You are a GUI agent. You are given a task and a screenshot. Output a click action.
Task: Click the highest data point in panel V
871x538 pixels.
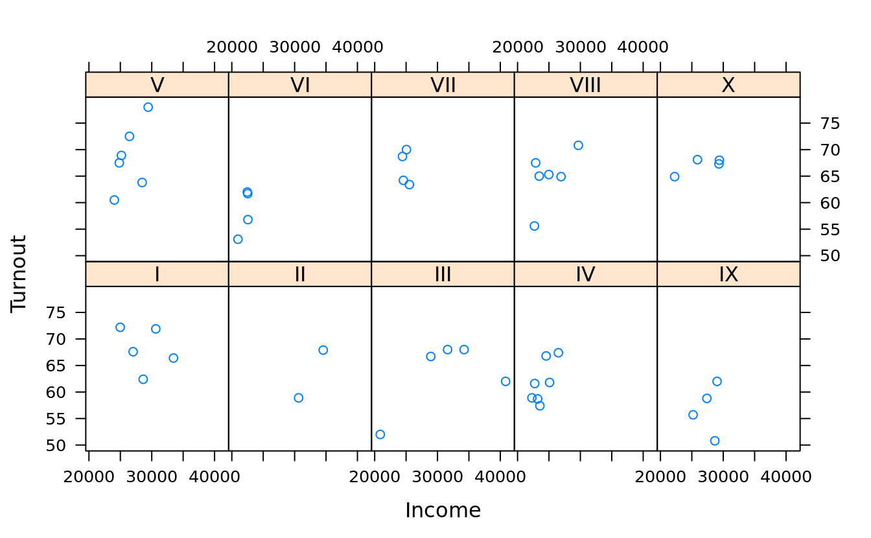[x=148, y=107]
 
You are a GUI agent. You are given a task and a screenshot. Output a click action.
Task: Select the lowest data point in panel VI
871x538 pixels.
[x=238, y=239]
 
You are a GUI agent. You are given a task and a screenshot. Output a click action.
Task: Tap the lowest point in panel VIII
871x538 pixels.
[x=534, y=226]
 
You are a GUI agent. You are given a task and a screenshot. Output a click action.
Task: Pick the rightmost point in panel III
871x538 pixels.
[x=505, y=381]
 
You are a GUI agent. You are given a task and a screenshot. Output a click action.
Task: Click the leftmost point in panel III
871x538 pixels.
[x=380, y=434]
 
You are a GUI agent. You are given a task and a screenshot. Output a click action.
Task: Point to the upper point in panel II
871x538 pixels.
[x=323, y=350]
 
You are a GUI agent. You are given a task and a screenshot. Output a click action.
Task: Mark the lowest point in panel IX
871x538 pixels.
[x=715, y=441]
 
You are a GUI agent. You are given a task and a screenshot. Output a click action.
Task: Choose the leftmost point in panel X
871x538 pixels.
[x=675, y=176]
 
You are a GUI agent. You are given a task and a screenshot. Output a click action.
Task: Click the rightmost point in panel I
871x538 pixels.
[x=173, y=358]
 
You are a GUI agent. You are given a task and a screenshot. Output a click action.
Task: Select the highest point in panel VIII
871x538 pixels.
[x=578, y=145]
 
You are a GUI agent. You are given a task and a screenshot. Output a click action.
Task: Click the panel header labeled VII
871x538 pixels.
[x=443, y=85]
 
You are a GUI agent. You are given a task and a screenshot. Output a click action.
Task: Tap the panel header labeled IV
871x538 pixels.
[x=585, y=274]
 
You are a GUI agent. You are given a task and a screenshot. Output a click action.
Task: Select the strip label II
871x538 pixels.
[x=300, y=274]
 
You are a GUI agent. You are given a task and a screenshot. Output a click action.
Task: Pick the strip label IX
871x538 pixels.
[x=728, y=274]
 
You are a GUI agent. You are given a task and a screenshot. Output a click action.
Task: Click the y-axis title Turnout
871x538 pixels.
[x=19, y=274]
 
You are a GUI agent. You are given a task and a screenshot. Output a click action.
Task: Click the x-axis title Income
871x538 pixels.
[x=443, y=511]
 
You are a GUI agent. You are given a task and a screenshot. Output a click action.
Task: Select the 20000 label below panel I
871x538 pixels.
[x=88, y=477]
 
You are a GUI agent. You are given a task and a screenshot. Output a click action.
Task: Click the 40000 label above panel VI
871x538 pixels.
[x=358, y=47]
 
